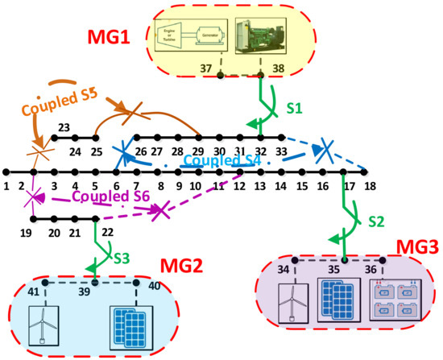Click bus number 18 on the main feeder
click(370, 186)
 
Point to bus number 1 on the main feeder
click(6, 186)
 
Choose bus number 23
click(64, 126)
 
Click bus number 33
click(280, 151)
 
